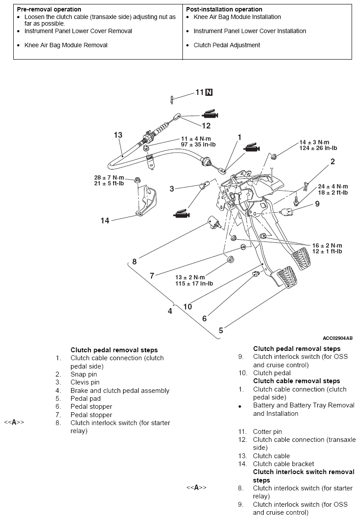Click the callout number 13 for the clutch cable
point(118,135)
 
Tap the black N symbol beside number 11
point(209,92)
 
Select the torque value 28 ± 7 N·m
point(109,178)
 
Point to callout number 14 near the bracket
point(105,221)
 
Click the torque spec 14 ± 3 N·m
point(314,142)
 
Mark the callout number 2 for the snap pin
point(333,162)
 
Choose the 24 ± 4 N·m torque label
point(333,187)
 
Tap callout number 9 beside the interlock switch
point(318,203)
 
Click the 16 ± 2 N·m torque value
point(327,246)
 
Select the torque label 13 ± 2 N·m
point(190,277)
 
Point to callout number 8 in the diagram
point(134,262)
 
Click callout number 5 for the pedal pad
point(221,330)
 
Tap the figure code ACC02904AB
point(337,338)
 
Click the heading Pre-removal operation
point(49,9)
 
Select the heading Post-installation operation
point(224,9)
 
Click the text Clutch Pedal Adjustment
point(227,45)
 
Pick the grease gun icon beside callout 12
point(210,114)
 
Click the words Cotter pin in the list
point(267,431)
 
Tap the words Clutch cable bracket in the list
point(283,464)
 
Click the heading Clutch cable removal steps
point(297,381)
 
